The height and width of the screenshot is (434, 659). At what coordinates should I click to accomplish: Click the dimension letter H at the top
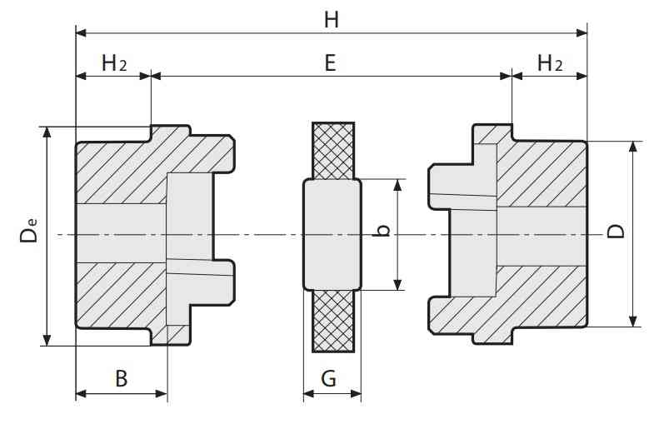pos(332,20)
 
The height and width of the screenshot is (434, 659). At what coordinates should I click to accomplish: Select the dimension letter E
pos(331,63)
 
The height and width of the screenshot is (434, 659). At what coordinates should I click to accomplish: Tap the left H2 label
pos(114,63)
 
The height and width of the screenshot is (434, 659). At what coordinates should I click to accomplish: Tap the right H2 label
pos(550,63)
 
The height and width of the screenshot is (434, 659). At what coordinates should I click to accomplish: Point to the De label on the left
pos(28,230)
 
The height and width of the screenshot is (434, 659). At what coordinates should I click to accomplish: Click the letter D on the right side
pos(617,232)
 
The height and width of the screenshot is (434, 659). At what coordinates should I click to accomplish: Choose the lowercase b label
pos(382,230)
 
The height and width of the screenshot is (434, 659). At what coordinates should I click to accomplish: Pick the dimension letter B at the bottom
pos(122,378)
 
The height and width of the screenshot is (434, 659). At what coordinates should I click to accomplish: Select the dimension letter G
pos(328,378)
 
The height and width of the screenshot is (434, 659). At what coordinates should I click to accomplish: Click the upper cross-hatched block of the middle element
pos(333,151)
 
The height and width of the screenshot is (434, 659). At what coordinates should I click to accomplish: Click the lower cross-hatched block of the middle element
pos(333,321)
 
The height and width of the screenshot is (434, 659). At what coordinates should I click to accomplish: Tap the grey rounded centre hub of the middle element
pos(332,234)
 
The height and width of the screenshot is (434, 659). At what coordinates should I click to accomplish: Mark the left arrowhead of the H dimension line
pos(81,32)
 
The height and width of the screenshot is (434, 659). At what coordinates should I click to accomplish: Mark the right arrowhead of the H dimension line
pos(582,32)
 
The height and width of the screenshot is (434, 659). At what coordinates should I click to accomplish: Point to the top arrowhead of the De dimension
pos(47,132)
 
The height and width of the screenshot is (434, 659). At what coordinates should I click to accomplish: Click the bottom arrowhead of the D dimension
pos(632,322)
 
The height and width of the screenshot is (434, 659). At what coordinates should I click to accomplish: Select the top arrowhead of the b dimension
pos(397,185)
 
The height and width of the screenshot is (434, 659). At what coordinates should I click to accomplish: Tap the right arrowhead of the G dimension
pos(356,394)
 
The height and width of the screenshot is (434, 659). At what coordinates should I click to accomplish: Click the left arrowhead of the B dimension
pos(81,394)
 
